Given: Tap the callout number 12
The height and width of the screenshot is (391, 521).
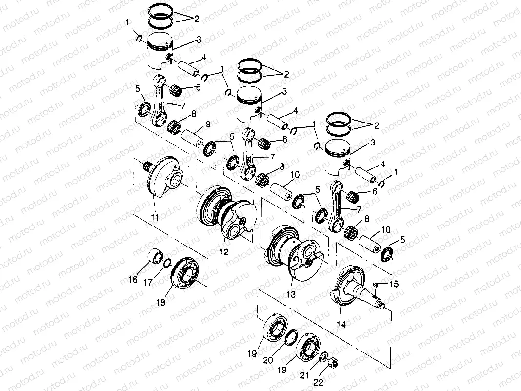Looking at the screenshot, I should click(224, 253).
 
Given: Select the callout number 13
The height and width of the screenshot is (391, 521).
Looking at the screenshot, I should click(292, 294).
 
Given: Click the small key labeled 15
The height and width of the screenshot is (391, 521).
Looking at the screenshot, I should click(376, 284).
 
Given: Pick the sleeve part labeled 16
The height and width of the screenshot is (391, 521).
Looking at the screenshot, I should click(157, 256).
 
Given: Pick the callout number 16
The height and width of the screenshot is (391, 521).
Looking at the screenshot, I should click(133, 279).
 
